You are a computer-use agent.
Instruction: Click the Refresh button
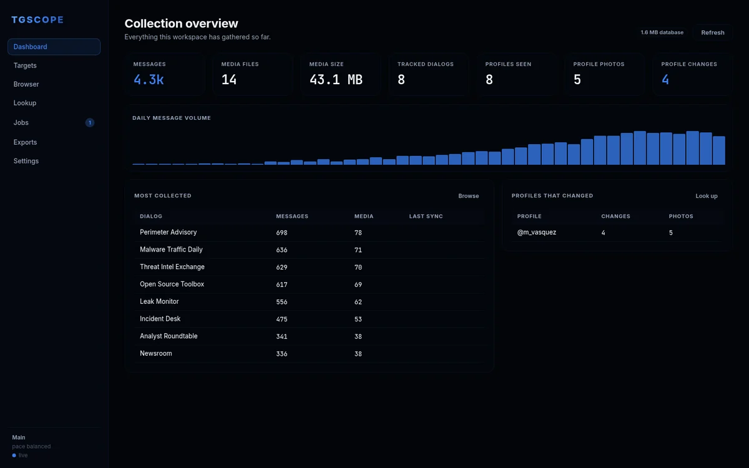pyautogui.click(x=713, y=32)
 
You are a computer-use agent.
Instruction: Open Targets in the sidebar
pyautogui.click(x=25, y=66)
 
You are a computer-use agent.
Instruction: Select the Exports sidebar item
pyautogui.click(x=25, y=142)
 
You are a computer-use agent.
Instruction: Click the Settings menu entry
pyautogui.click(x=26, y=161)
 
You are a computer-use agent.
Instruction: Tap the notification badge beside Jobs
pyautogui.click(x=90, y=123)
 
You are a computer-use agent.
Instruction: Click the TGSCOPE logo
pyautogui.click(x=37, y=20)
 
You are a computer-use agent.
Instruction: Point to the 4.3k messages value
pyautogui.click(x=149, y=80)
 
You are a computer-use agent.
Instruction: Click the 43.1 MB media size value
pyautogui.click(x=336, y=80)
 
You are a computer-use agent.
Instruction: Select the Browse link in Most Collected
pyautogui.click(x=468, y=196)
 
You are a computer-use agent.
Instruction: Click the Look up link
pyautogui.click(x=706, y=196)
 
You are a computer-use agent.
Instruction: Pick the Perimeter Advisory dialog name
pyautogui.click(x=168, y=232)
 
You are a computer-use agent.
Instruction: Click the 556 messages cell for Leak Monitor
pyautogui.click(x=281, y=302)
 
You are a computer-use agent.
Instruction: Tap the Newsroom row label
pyautogui.click(x=156, y=353)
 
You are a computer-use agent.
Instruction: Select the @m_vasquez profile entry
pyautogui.click(x=537, y=232)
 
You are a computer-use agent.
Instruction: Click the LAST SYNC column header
pyautogui.click(x=426, y=217)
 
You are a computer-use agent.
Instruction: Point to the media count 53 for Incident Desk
pyautogui.click(x=358, y=319)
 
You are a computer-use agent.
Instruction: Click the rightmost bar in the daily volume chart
pyautogui.click(x=719, y=150)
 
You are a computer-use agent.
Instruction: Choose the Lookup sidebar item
pyautogui.click(x=25, y=103)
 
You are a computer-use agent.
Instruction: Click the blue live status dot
pyautogui.click(x=14, y=456)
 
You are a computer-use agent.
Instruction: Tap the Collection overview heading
pyautogui.click(x=181, y=24)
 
